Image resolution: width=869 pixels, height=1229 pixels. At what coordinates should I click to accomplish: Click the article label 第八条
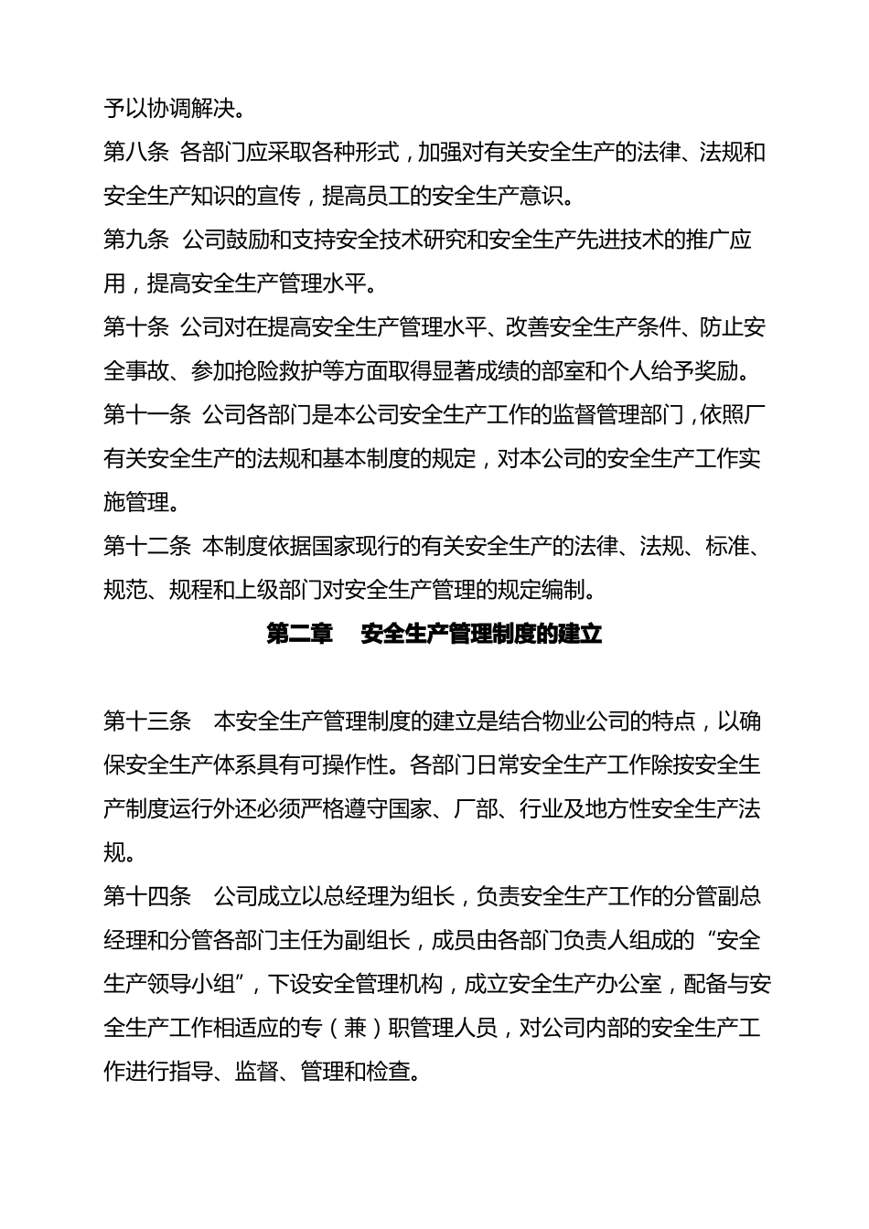tap(136, 152)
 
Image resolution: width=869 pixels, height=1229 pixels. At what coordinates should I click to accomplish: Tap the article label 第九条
tap(136, 240)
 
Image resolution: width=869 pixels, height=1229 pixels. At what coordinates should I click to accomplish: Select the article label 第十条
tap(136, 327)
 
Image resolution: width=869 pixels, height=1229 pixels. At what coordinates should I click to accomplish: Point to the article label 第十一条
tap(147, 415)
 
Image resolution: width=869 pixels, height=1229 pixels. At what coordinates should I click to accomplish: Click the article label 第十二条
tap(147, 547)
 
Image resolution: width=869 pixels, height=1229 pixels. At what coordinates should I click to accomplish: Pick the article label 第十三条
tap(147, 721)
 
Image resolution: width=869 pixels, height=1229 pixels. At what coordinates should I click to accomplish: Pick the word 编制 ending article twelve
tap(563, 591)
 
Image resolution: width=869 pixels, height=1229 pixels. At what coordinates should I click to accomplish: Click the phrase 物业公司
tap(585, 721)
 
